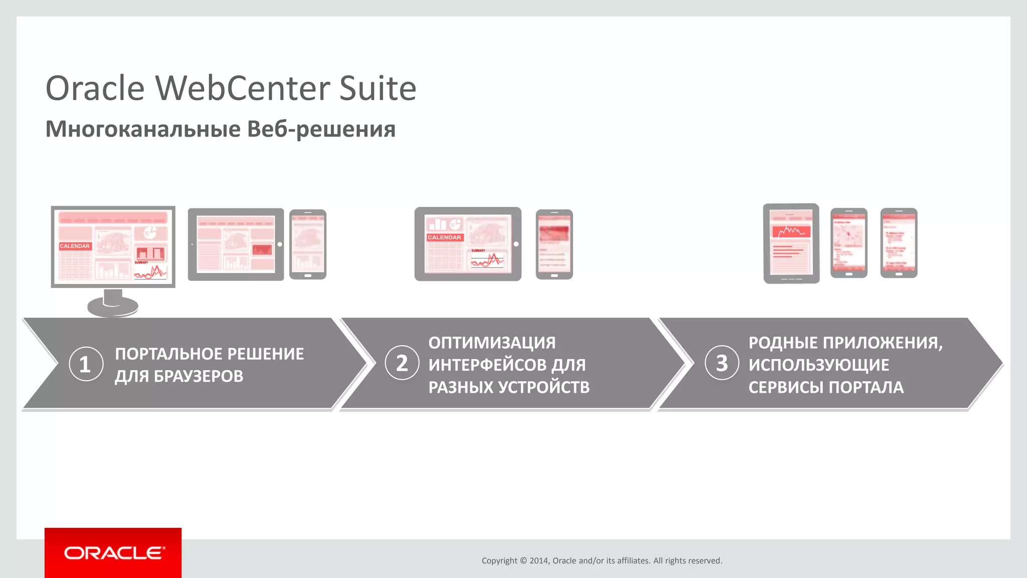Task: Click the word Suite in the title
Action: click(x=378, y=88)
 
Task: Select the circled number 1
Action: click(x=86, y=364)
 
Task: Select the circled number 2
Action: click(x=402, y=363)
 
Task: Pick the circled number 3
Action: click(x=722, y=363)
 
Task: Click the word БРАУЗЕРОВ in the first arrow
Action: click(x=198, y=376)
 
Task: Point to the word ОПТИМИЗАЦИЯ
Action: click(x=492, y=343)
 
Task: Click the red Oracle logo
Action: click(x=113, y=553)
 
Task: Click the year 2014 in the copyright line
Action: click(x=539, y=561)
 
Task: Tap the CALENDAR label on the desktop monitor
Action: click(x=75, y=246)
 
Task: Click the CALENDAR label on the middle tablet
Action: click(x=444, y=237)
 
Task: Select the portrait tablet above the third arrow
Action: click(x=791, y=243)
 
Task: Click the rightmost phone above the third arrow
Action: click(x=899, y=243)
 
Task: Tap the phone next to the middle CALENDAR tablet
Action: click(x=554, y=244)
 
